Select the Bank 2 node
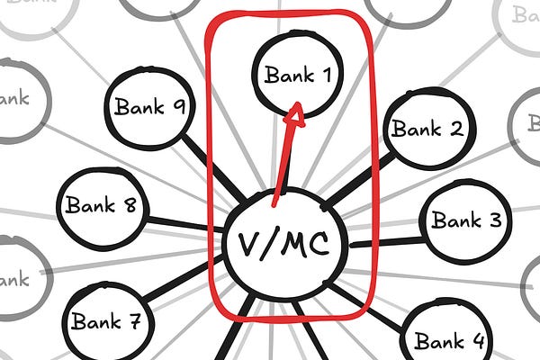tap(427, 130)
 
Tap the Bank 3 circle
tap(465, 220)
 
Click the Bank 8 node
tap(101, 206)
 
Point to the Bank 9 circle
tap(149, 108)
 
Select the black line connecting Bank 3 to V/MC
tap(387, 240)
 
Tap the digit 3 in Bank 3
tap(495, 220)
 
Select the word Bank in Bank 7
tap(96, 321)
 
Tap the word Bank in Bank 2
tap(415, 130)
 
